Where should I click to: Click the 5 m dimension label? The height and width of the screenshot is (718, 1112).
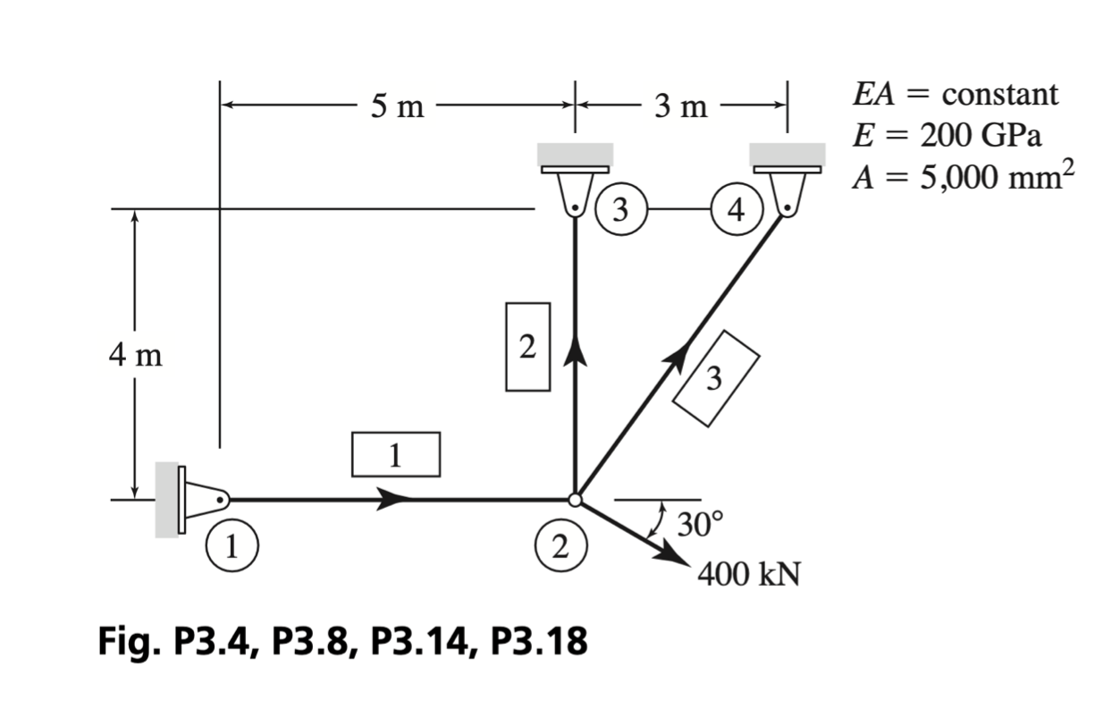pos(398,106)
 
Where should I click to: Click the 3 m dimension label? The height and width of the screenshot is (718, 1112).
pos(681,106)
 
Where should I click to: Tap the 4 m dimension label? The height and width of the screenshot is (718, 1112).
pos(136,356)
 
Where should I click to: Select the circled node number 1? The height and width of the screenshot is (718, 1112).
pos(232,545)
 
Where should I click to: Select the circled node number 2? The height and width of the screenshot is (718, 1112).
pos(561,545)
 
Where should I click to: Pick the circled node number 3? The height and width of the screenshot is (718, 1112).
pos(621,209)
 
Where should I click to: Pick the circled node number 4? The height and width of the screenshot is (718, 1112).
pos(737,209)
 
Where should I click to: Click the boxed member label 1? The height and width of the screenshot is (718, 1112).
pos(396,454)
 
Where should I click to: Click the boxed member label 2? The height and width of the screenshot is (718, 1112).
pos(527,347)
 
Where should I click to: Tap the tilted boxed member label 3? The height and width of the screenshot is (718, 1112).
pos(715,378)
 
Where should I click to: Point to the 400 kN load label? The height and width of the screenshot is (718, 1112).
pos(748,575)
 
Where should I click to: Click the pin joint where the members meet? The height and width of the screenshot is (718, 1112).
pos(575,500)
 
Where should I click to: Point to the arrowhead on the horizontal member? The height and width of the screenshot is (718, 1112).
pos(394,499)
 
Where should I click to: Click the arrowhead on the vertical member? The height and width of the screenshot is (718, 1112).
pos(575,351)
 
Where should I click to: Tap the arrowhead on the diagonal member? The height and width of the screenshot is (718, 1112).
pos(678,358)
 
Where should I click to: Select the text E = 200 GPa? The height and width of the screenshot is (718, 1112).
pos(947,135)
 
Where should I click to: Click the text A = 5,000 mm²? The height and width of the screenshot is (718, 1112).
pos(963,175)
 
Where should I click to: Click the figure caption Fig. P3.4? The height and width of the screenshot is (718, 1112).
pos(176,641)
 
